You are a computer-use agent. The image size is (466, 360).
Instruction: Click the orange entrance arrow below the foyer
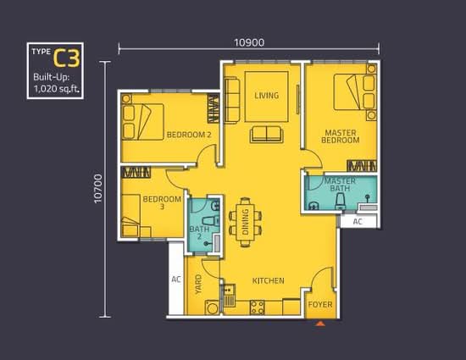click(320, 324)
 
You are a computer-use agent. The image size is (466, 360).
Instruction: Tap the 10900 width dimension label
click(249, 42)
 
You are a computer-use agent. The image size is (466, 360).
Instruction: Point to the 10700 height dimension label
click(97, 189)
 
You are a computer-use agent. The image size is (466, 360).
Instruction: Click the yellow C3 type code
click(67, 58)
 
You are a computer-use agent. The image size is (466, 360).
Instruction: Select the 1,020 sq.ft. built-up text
click(57, 88)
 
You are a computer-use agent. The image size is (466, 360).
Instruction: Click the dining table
click(245, 222)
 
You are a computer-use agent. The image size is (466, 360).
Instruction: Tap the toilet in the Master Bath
click(340, 202)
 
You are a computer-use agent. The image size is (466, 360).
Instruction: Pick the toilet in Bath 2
click(211, 221)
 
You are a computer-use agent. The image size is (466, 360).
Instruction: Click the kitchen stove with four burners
click(257, 307)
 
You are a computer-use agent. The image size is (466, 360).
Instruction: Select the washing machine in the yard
click(212, 307)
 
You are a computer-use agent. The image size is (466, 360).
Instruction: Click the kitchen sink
click(229, 296)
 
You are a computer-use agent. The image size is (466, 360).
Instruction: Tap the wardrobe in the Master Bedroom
click(362, 166)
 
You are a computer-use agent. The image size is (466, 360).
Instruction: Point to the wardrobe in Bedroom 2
click(213, 108)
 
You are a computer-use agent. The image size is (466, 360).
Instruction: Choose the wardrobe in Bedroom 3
click(136, 172)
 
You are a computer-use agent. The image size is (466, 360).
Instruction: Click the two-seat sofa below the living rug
click(267, 134)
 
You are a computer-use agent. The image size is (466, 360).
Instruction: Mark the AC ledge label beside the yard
click(176, 280)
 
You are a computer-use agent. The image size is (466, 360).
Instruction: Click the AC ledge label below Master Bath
click(358, 222)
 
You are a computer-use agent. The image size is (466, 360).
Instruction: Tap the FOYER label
click(320, 304)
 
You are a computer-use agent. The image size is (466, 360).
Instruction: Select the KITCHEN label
click(268, 280)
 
